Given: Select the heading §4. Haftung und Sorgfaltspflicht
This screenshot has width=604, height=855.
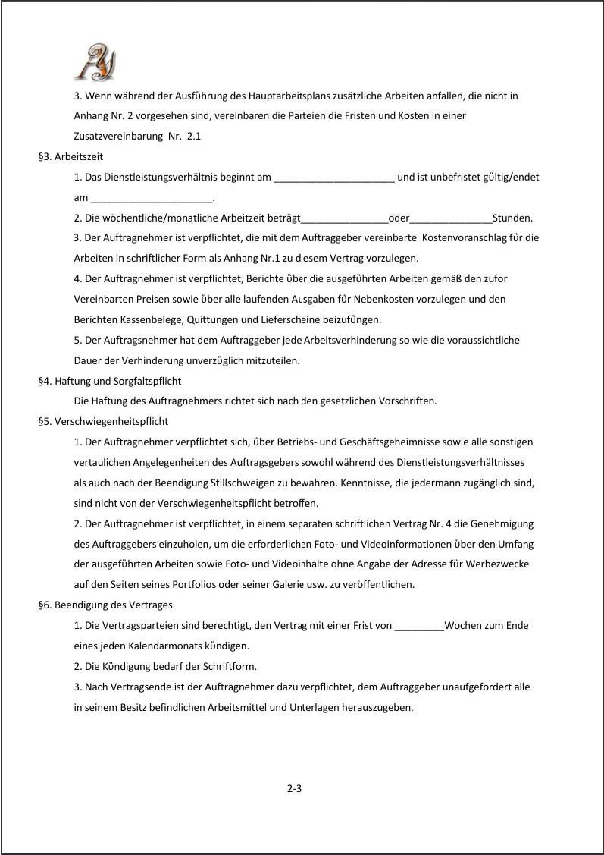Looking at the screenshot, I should tap(109, 381).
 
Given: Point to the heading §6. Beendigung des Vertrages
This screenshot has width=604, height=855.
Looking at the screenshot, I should tap(105, 605).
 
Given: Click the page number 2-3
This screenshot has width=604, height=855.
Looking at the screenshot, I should tap(295, 788).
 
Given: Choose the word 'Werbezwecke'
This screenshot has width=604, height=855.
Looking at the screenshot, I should tap(508, 564).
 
